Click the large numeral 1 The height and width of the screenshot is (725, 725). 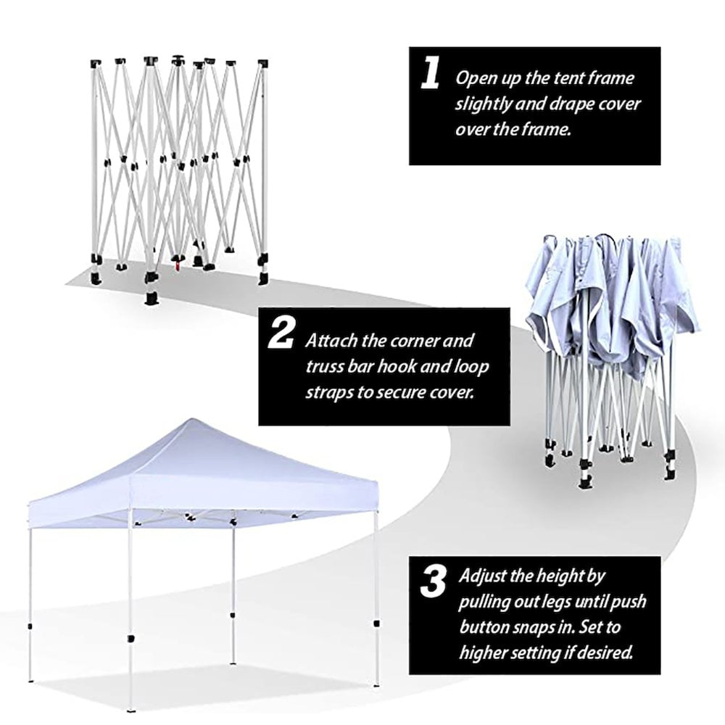tap(431, 73)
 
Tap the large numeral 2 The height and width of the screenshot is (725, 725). tap(281, 333)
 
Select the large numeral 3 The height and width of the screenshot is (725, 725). tap(433, 581)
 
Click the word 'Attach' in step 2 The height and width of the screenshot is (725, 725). tap(331, 341)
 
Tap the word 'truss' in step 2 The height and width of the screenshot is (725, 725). tap(324, 367)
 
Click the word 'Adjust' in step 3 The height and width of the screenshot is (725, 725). tap(483, 576)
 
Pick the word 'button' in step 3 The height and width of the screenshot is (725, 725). tap(484, 627)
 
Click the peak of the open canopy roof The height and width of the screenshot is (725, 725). tap(191, 419)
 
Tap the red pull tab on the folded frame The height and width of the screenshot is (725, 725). tap(177, 266)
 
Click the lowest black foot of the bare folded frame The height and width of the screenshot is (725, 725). tap(152, 298)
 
